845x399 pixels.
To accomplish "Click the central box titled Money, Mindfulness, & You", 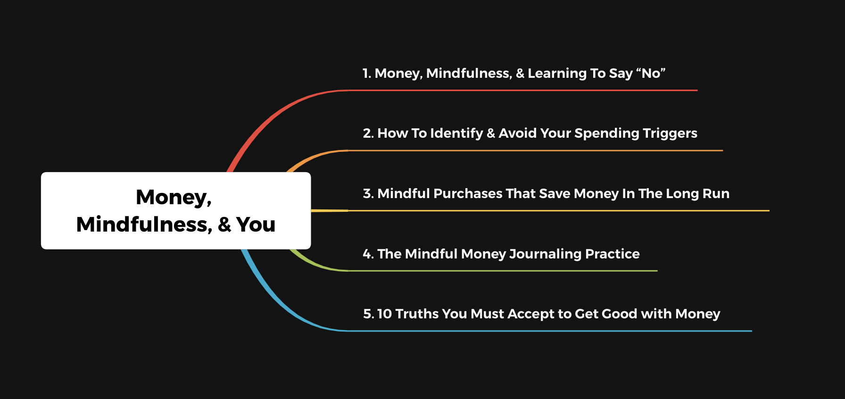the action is (176, 210).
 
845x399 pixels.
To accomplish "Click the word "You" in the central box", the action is (256, 224).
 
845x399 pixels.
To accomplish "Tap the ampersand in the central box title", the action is (224, 224).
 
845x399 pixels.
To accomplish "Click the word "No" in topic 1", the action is (651, 73).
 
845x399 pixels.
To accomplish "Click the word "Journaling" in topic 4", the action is (546, 254).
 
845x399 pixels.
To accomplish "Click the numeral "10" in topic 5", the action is (384, 314).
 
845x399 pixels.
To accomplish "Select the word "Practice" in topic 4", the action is (612, 254).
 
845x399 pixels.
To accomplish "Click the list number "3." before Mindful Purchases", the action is (368, 193).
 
